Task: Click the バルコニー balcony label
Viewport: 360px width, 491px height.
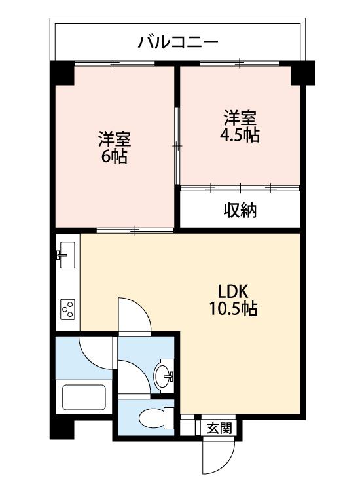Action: click(178, 42)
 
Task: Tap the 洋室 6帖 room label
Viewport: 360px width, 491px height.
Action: click(115, 147)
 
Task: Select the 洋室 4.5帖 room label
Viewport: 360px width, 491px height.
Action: click(240, 126)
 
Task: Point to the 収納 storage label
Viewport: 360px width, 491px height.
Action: click(240, 210)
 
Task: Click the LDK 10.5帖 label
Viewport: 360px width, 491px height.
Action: click(233, 300)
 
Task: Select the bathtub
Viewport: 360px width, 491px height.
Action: click(84, 397)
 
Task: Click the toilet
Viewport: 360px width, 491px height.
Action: click(156, 418)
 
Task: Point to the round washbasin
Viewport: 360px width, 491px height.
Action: click(164, 374)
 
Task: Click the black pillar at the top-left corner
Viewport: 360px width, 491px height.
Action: click(62, 73)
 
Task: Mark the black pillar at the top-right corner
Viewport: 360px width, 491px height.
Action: click(302, 73)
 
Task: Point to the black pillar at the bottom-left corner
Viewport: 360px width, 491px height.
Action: click(62, 429)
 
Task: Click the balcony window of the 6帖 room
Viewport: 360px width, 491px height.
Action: click(115, 63)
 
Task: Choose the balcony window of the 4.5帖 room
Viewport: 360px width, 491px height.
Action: click(240, 63)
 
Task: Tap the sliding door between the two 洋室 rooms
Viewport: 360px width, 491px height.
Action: click(177, 146)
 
